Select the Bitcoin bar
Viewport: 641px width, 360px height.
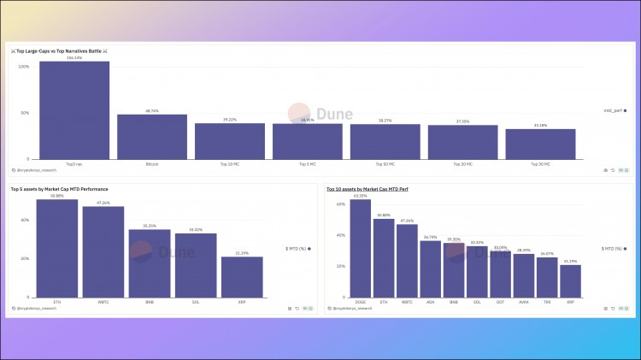(x=152, y=136)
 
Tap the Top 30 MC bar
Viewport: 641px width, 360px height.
(x=540, y=144)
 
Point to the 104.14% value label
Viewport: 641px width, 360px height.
(x=74, y=58)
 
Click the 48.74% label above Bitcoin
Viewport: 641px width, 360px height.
(x=152, y=111)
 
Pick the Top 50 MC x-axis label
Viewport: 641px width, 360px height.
(x=385, y=163)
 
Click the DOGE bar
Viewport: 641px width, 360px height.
(x=361, y=248)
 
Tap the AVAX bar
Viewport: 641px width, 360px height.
(x=524, y=274)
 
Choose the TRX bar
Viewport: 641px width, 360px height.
(x=547, y=277)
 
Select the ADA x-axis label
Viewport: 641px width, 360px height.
(x=430, y=302)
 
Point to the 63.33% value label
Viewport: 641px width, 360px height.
(x=361, y=196)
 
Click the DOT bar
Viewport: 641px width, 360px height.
(x=500, y=273)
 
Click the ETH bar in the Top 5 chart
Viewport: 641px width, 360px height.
(x=57, y=248)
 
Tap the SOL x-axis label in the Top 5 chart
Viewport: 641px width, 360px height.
(x=196, y=302)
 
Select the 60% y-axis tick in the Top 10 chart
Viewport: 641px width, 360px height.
(x=340, y=204)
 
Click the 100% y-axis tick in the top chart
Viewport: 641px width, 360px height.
(x=24, y=67)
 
